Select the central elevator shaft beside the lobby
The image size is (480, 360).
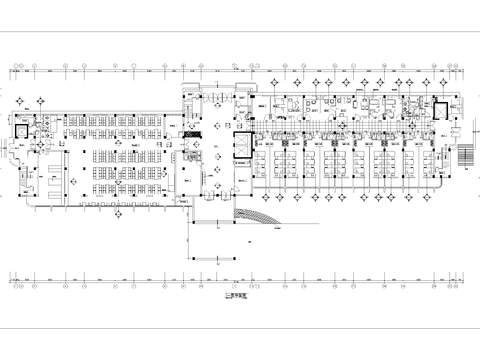239,145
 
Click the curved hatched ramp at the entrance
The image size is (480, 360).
258,208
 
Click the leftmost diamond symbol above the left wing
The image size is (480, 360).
41,100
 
